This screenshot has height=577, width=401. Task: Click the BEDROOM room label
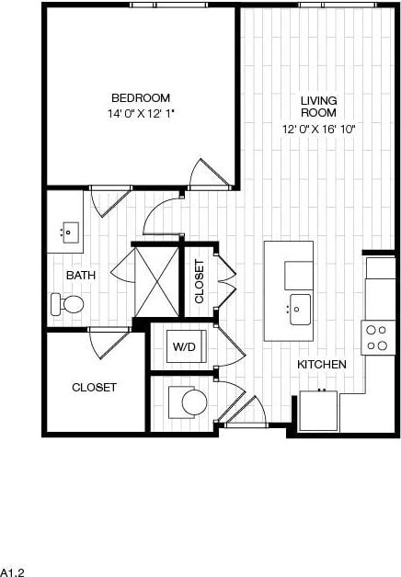tap(141, 98)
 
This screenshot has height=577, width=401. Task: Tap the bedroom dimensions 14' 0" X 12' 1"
tap(141, 113)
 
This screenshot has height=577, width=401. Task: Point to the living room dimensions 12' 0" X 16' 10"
tap(318, 130)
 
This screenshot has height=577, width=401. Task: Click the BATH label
tap(80, 275)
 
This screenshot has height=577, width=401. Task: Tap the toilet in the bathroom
tap(68, 303)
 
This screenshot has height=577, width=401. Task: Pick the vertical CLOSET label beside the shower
tap(199, 282)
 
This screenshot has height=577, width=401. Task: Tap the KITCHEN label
tap(321, 365)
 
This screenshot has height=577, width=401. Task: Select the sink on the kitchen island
tap(301, 310)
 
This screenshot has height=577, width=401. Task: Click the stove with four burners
tap(377, 337)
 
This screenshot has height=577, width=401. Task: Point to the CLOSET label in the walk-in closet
tap(94, 388)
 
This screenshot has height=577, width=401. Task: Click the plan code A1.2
tap(11, 571)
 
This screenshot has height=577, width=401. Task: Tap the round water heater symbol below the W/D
tap(192, 402)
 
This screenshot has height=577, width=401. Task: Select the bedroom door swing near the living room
tap(206, 175)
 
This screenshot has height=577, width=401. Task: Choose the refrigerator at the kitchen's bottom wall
tap(319, 411)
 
